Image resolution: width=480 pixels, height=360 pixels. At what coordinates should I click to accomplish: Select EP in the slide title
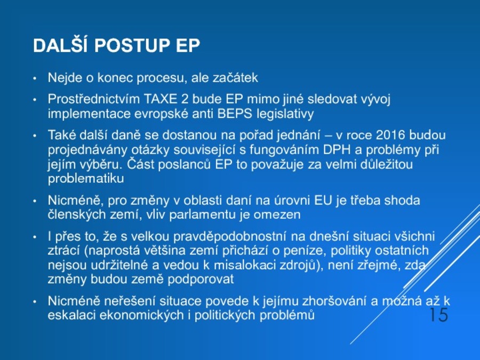click(188, 45)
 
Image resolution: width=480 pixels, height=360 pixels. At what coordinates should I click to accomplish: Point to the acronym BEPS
click(235, 114)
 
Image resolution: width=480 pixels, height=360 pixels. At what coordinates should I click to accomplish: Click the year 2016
click(390, 135)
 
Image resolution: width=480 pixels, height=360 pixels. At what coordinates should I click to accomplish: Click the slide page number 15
click(439, 315)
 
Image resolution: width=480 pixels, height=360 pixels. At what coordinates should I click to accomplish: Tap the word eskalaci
click(72, 315)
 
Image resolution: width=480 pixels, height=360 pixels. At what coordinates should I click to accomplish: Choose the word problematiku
click(86, 179)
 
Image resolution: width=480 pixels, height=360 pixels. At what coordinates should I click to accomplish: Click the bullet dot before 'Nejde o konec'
click(35, 78)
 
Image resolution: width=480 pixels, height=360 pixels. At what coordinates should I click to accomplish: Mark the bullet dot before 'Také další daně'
click(35, 135)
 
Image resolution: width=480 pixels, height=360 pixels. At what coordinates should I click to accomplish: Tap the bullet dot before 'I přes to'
click(35, 237)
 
